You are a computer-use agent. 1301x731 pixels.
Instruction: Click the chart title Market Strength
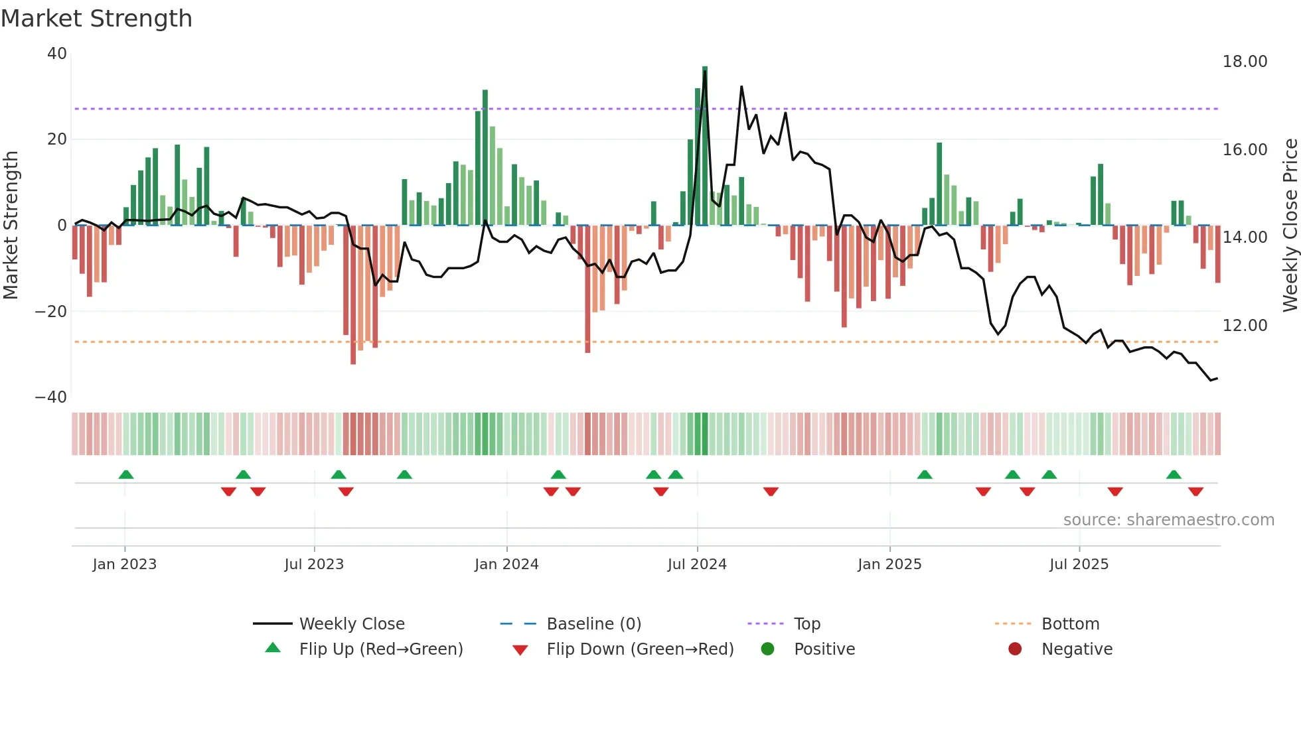pos(96,19)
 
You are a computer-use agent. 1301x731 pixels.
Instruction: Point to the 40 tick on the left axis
pos(57,54)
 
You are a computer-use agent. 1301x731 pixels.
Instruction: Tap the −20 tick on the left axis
pos(52,311)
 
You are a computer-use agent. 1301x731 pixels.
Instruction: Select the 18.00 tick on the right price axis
pos(1245,62)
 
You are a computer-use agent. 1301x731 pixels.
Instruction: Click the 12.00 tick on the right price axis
pos(1245,326)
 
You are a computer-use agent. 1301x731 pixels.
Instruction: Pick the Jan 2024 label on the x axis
pos(506,565)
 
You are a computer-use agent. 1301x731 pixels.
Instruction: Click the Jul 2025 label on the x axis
pos(1079,565)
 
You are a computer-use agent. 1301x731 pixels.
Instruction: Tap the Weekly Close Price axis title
pos(1290,226)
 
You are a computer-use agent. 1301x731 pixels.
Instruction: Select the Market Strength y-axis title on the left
pos(11,226)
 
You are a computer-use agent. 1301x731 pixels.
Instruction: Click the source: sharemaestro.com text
pos(1168,520)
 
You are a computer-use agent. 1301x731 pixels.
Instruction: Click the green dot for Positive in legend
pos(767,649)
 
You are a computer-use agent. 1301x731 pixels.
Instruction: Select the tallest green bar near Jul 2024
pos(705,146)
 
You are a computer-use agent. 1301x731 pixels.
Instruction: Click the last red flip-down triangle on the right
pos(1195,492)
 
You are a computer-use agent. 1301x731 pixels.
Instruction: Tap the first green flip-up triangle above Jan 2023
pos(126,474)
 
